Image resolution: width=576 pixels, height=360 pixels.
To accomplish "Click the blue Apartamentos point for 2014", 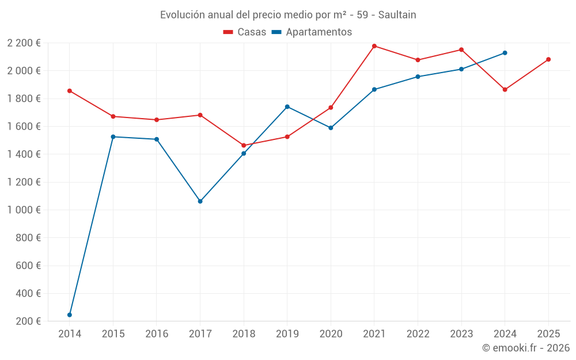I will point(70,314).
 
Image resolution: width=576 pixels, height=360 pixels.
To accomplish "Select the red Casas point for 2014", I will point(70,90).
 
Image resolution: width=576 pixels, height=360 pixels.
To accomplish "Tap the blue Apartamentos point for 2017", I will point(200,201).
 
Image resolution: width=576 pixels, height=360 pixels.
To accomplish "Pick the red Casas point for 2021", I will point(374,46).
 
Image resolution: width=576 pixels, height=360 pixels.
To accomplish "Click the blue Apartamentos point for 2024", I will point(505,52).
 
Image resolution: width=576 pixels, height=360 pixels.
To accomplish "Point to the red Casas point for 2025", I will point(548,59).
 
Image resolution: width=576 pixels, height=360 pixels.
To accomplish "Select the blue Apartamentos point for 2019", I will point(287,107).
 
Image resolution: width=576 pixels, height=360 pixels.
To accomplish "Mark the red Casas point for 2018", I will point(244,145).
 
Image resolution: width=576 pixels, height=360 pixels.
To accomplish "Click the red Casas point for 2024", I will point(505,89).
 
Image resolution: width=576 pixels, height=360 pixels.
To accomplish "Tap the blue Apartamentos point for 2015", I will point(113,137).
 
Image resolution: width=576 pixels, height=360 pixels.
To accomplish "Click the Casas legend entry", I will point(245,32).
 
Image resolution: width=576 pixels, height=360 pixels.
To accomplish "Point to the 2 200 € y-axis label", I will point(24,43).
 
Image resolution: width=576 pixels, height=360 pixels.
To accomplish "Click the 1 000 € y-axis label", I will point(24,210).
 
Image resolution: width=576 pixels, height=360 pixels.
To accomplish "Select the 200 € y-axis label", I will point(28,321).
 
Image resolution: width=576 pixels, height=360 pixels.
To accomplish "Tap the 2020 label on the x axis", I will point(331,334).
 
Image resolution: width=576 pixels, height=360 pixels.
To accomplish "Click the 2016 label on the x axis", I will point(157,334).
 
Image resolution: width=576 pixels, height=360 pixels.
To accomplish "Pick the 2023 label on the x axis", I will point(461,334).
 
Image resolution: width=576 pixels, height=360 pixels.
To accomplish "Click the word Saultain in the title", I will point(397,15).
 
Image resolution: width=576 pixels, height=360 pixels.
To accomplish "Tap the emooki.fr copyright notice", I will point(526,348).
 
